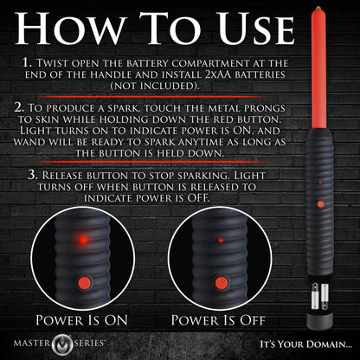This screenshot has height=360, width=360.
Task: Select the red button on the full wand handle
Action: [320, 204]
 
